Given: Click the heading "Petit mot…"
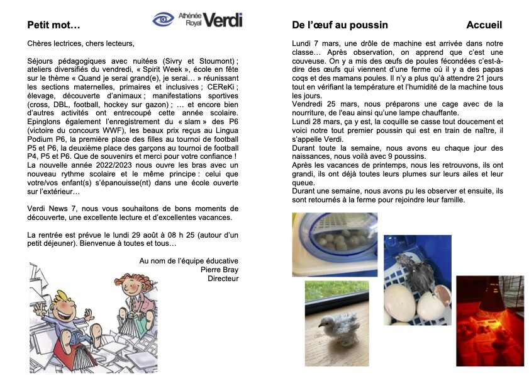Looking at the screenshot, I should (x=53, y=25).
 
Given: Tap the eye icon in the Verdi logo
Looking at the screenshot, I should (x=164, y=20).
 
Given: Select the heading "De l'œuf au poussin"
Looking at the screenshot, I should (x=340, y=25).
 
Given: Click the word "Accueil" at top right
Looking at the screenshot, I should (x=484, y=25).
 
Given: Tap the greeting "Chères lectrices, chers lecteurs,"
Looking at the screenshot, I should (x=81, y=43).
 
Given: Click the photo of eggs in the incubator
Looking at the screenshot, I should (x=335, y=244).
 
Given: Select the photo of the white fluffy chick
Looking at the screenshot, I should (x=337, y=322).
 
